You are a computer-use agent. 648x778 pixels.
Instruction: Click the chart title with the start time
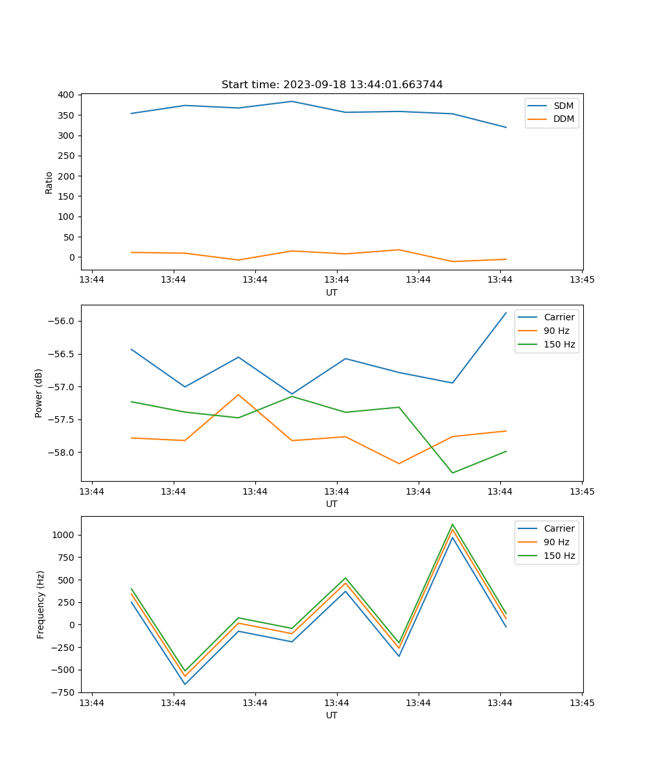coord(332,85)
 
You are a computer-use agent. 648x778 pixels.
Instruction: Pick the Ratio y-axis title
coord(49,182)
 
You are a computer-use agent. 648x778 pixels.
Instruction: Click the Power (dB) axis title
coord(39,393)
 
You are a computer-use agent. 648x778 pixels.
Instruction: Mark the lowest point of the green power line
coord(452,473)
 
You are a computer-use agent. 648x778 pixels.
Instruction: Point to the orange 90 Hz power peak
coord(238,395)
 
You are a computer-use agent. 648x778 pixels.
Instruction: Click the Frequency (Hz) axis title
coord(41,604)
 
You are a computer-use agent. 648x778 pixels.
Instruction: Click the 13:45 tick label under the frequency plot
coord(581,703)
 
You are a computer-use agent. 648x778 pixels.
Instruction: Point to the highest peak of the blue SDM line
coord(292,101)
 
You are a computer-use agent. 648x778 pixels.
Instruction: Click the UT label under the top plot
coord(332,292)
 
